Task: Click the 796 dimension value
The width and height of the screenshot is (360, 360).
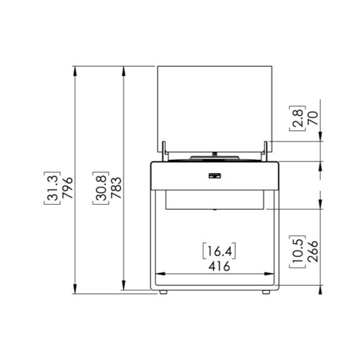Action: tap(68, 188)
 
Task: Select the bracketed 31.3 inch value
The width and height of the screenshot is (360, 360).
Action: tap(52, 188)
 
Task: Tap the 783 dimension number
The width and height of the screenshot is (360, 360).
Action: tap(116, 188)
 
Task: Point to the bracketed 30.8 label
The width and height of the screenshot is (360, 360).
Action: tap(101, 188)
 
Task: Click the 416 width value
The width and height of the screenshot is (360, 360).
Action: tap(219, 266)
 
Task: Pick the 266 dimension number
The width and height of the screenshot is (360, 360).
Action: tap(312, 252)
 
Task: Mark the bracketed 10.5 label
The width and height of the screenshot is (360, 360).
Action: tap(297, 252)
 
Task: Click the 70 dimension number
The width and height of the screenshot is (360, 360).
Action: tap(313, 118)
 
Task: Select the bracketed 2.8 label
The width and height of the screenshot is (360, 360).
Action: tap(297, 119)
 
